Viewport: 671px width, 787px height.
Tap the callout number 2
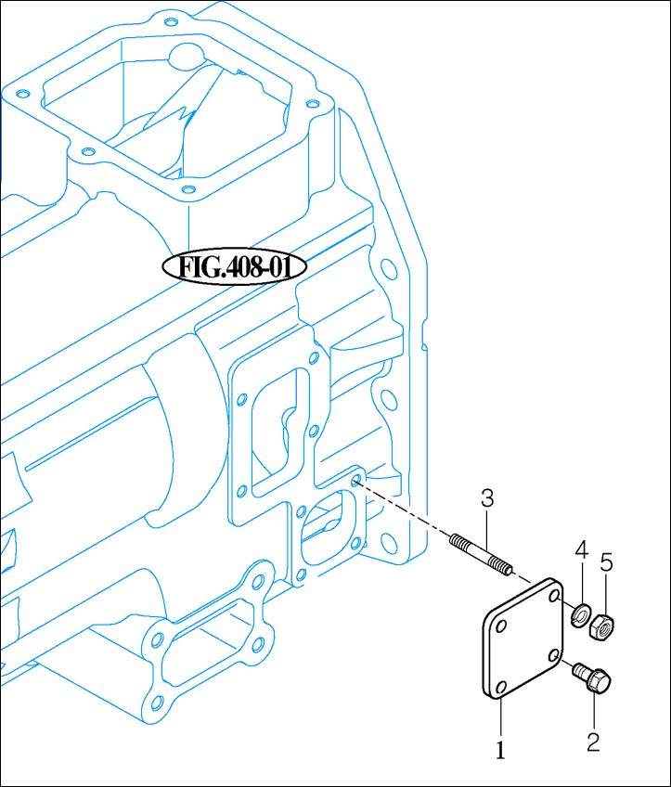[593, 742]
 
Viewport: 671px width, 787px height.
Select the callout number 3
[487, 498]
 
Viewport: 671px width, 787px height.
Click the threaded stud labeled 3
[479, 554]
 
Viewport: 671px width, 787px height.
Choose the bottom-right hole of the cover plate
[554, 655]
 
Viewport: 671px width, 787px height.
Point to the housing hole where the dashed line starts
[356, 481]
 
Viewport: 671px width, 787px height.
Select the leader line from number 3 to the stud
[486, 527]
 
